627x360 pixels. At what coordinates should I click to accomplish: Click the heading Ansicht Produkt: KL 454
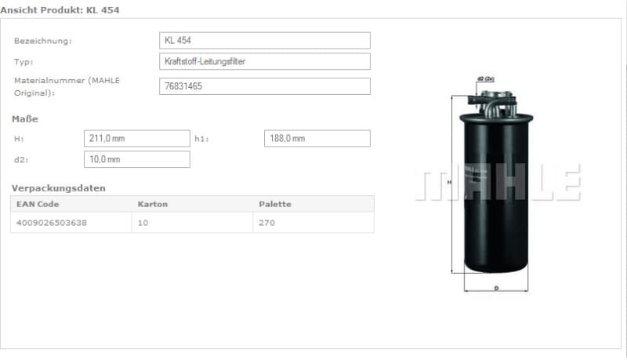61,9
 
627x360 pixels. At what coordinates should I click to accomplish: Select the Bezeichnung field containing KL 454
265,40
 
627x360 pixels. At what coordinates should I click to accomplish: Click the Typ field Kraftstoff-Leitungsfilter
265,61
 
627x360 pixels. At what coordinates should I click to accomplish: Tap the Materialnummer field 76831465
265,86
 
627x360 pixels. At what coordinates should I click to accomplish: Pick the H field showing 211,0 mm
136,138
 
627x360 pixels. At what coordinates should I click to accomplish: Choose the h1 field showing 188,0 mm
317,138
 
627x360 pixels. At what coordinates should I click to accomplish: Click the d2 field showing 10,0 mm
136,159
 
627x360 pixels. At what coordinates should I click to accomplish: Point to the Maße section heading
25,119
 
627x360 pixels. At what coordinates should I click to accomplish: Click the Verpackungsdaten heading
58,188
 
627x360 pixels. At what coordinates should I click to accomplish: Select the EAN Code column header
38,204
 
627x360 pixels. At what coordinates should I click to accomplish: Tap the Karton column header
152,204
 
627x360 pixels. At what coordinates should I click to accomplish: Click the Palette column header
275,204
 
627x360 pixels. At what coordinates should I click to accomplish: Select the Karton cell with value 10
143,223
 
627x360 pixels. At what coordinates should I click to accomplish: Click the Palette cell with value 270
266,223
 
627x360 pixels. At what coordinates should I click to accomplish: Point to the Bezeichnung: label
43,41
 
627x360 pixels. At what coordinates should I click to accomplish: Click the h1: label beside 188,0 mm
201,139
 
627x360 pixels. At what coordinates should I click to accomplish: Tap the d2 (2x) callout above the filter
485,79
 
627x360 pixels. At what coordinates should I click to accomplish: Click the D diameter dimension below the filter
496,288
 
